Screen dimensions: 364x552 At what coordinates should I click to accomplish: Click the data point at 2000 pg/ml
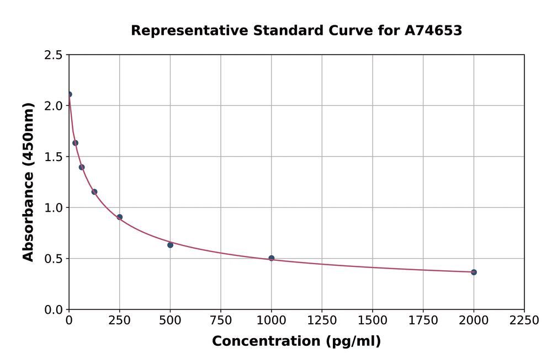click(x=474, y=272)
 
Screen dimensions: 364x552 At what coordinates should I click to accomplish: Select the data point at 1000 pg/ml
click(x=271, y=258)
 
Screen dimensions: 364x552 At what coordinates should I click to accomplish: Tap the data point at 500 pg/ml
click(x=170, y=245)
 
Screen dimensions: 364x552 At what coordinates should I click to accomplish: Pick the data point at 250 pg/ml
click(x=120, y=217)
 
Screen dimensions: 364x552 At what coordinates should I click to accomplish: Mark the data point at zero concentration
click(x=69, y=94)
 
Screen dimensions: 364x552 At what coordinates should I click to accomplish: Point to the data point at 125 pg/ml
click(x=94, y=192)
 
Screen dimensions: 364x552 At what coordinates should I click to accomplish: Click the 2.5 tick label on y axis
click(x=53, y=55)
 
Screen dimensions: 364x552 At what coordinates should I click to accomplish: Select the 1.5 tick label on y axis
click(x=53, y=157)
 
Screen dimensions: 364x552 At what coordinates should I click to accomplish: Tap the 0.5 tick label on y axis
click(x=53, y=259)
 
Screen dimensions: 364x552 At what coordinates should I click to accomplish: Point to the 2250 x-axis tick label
click(x=524, y=320)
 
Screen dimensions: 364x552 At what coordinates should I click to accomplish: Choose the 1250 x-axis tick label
click(x=322, y=320)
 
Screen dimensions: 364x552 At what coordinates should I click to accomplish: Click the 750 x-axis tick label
click(x=221, y=320)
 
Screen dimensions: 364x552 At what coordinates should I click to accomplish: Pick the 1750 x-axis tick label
click(x=423, y=320)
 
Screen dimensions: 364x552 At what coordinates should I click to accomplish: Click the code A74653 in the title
click(x=433, y=31)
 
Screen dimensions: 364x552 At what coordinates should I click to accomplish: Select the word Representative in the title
click(x=189, y=31)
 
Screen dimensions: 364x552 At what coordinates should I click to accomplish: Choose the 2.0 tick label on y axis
click(x=53, y=106)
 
